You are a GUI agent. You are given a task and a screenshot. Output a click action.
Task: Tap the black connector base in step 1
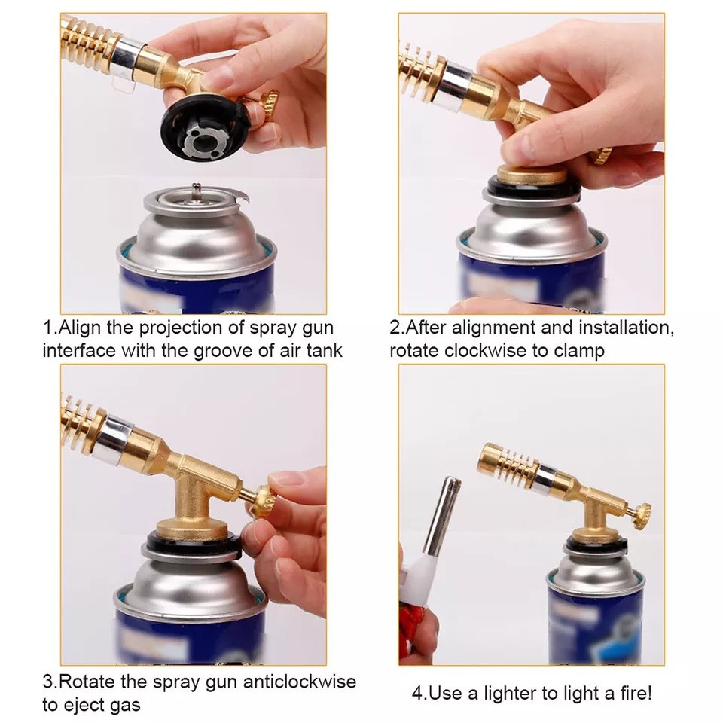203,129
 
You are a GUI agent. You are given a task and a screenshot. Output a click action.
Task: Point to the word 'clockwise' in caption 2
486,350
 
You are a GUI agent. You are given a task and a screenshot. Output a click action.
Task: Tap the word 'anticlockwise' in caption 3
299,682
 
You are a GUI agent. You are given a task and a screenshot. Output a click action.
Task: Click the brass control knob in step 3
261,500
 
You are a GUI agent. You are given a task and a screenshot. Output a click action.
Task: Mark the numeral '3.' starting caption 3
50,682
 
